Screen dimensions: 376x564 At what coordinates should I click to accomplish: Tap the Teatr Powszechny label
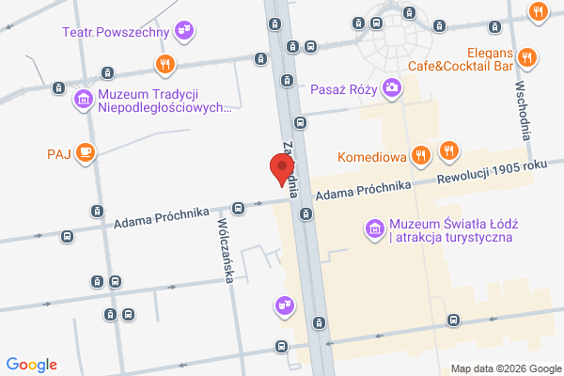(x=116, y=32)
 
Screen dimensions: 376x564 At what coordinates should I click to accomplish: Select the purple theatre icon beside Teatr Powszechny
(x=185, y=31)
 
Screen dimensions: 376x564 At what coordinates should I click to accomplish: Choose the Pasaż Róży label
(x=343, y=91)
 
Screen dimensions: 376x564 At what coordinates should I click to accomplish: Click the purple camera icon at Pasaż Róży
(x=392, y=89)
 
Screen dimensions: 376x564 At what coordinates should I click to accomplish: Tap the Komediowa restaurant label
(x=371, y=156)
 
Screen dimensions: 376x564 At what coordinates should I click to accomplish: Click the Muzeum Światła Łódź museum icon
(x=374, y=227)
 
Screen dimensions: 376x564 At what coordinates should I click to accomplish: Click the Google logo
(x=32, y=365)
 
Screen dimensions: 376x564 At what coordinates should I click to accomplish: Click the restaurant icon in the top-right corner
(x=538, y=12)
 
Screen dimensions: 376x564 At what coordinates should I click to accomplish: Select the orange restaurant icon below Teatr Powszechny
(x=165, y=64)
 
